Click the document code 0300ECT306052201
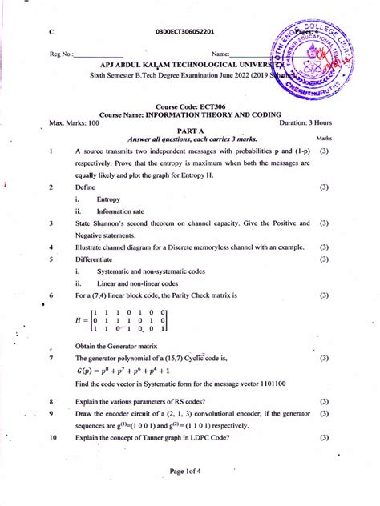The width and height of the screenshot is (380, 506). tap(188, 32)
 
